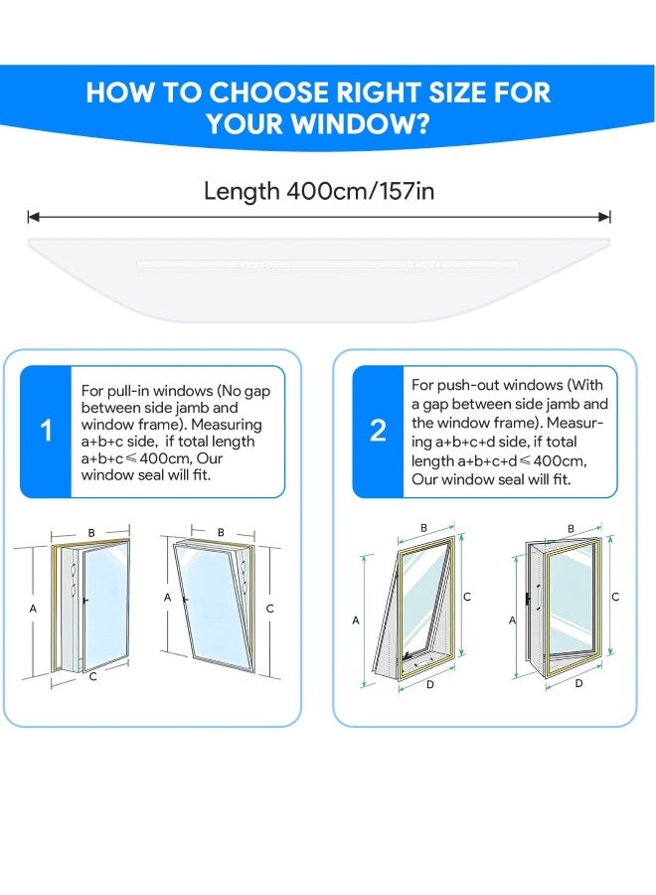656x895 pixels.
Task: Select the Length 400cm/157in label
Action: tap(318, 191)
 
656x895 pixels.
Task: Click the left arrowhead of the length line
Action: tap(32, 216)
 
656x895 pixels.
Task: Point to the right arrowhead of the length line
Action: tap(605, 216)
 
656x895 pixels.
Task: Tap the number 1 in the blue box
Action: tap(46, 432)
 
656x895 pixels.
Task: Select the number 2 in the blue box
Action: tap(378, 432)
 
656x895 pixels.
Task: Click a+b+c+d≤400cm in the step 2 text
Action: tap(521, 460)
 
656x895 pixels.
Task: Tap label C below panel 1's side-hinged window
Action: tap(92, 677)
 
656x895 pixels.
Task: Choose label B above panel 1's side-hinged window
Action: tap(91, 533)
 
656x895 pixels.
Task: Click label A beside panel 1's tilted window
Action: tap(168, 598)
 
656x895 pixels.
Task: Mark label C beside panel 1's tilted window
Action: tap(269, 608)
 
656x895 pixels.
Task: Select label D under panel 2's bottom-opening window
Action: tap(429, 685)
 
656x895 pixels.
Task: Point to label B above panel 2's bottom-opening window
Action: tap(423, 528)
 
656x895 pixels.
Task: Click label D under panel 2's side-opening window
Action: tap(578, 683)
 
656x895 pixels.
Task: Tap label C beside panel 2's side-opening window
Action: tap(615, 597)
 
